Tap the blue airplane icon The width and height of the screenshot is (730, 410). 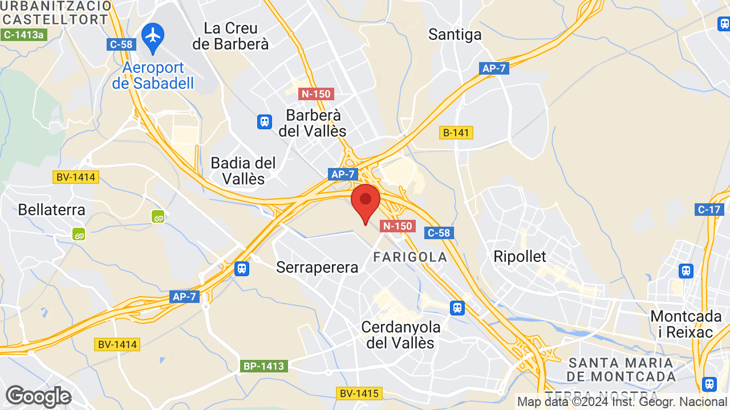(x=153, y=35)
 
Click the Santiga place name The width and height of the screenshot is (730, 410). (x=455, y=35)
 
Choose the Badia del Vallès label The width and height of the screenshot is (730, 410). (x=243, y=171)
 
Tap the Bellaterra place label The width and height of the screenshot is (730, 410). (x=51, y=210)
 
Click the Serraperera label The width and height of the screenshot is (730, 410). (x=317, y=267)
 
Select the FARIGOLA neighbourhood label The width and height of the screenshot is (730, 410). (x=410, y=257)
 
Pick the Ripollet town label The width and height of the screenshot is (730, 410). (x=520, y=256)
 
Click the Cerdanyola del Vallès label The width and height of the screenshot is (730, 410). (x=400, y=335)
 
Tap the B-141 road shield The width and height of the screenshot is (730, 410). (x=456, y=133)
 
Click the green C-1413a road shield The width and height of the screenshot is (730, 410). (x=23, y=35)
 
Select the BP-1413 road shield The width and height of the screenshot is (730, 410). (x=264, y=366)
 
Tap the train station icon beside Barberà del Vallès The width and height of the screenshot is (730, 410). (x=265, y=121)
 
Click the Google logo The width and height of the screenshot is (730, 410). (x=38, y=396)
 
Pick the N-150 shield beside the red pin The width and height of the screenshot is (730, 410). (x=397, y=226)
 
